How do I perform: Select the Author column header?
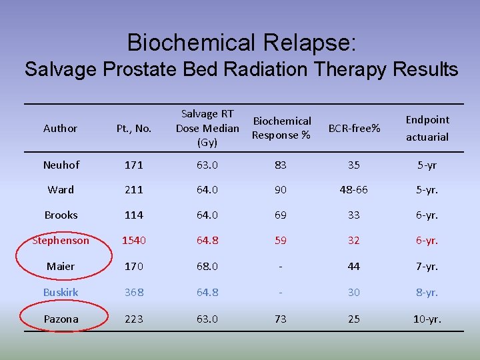pos(60,128)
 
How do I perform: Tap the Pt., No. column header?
pos(134,128)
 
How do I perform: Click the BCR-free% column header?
pos(354,128)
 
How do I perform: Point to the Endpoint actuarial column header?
pos(427,128)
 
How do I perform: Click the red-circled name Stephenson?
pos(61,241)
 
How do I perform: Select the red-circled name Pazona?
pos(61,319)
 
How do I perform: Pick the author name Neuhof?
pos(61,165)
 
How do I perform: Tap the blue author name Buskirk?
pos(61,293)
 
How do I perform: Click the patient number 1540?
pos(134,241)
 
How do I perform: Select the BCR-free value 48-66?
pos(354,190)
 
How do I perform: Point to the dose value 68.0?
pos(207,267)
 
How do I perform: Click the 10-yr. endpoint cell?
pos(427,319)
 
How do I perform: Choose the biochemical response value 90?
pos(281,190)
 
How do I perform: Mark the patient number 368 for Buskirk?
pos(134,293)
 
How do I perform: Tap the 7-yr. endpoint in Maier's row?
pos(427,267)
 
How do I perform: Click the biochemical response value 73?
pos(281,319)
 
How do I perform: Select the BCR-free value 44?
pos(354,267)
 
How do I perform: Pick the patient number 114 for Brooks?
pos(134,215)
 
